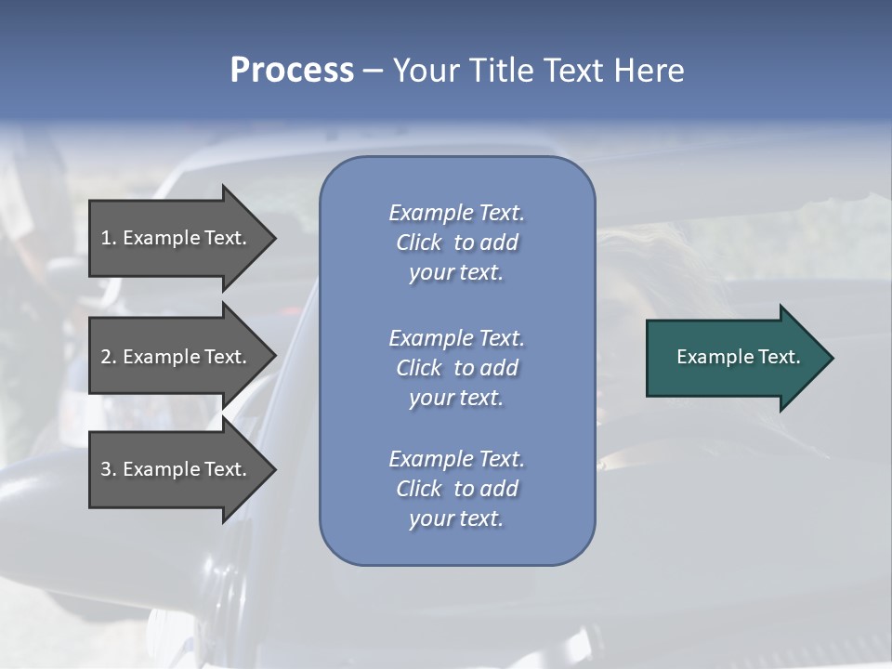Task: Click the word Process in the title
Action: (292, 71)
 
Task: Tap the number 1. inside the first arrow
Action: (109, 238)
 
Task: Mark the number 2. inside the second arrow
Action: (109, 357)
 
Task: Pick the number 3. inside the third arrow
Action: (109, 469)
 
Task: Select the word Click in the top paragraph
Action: (419, 243)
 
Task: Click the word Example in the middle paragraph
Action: (430, 338)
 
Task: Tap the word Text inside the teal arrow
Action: (779, 357)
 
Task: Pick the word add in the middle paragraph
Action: (499, 368)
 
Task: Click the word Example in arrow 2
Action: (164, 357)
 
